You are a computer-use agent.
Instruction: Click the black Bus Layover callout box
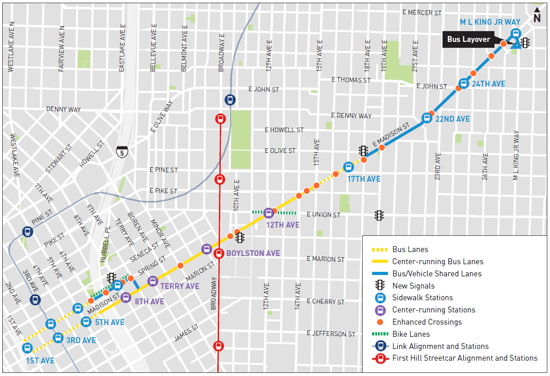(x=468, y=39)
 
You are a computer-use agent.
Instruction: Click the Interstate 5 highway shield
(x=121, y=151)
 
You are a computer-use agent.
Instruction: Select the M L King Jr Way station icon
(x=516, y=33)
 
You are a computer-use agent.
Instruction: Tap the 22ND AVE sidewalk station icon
(x=426, y=118)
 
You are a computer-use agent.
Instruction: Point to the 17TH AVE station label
(x=364, y=179)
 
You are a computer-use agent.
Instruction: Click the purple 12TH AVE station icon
(x=269, y=212)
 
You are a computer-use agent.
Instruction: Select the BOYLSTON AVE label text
(x=253, y=253)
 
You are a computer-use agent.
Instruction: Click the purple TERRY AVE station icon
(x=153, y=281)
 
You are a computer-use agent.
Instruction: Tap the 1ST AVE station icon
(x=27, y=348)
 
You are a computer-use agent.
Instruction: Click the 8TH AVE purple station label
(x=149, y=302)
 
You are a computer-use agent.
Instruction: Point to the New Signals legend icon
(x=380, y=285)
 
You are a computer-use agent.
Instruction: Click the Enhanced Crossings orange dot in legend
(x=380, y=322)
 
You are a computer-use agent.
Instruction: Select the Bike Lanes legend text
(x=411, y=334)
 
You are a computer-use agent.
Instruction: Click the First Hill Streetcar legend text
(x=465, y=358)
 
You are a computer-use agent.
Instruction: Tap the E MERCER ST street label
(x=422, y=13)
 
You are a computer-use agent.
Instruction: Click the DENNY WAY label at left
(x=63, y=109)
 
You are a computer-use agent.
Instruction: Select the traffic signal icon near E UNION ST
(x=379, y=216)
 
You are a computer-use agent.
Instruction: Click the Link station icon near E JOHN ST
(x=230, y=99)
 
